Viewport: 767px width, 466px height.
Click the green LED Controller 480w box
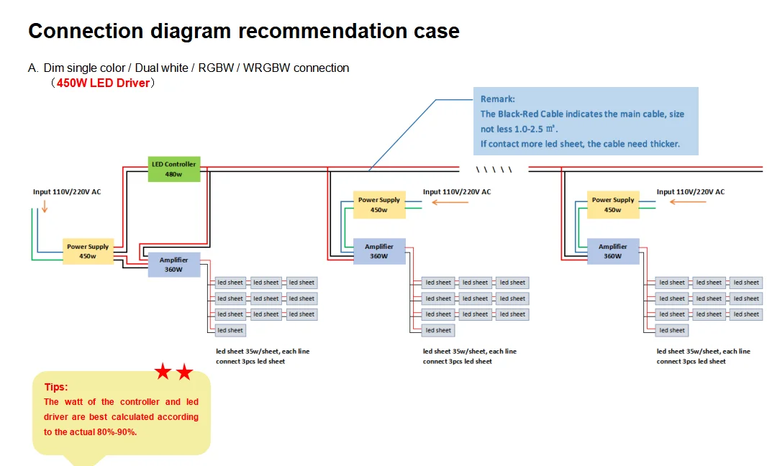173,169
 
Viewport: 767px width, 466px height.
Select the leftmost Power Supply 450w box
88,251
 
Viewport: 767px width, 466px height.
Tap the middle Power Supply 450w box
378,205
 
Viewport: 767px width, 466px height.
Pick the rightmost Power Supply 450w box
612,205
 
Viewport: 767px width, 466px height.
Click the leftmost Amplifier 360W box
173,265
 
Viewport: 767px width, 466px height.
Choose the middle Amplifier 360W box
378,251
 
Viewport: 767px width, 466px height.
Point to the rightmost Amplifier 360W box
612,251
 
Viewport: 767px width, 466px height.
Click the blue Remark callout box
585,121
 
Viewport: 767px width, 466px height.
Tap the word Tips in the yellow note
56,387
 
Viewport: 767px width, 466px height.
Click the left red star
163,372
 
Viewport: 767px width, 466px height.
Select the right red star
185,372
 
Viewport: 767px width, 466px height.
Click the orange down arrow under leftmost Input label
44,206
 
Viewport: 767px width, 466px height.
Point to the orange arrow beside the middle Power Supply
449,202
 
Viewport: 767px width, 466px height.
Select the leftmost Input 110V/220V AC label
67,192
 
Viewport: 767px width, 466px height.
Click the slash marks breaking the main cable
494,170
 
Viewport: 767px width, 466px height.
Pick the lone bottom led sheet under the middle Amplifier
437,330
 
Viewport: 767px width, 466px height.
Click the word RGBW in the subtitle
216,68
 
